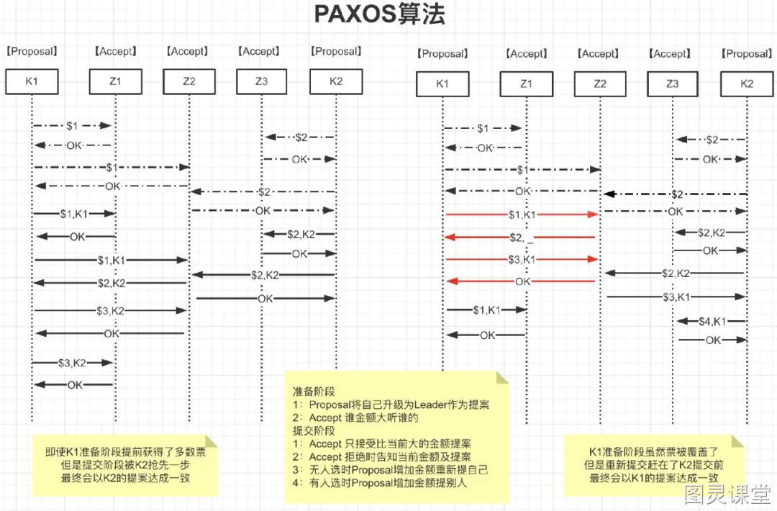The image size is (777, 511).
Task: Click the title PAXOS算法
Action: coord(380,14)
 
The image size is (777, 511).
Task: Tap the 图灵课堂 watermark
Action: coord(727,494)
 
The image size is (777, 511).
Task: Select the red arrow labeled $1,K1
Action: coord(522,214)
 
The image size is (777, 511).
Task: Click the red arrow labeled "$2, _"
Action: coord(520,238)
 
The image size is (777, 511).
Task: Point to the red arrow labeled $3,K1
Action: coord(522,259)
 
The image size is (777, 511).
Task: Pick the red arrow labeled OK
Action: coord(521,281)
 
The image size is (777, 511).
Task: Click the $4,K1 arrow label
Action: coord(712,322)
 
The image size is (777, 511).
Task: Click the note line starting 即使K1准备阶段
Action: coord(125,452)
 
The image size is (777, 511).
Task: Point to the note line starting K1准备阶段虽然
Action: coord(653,452)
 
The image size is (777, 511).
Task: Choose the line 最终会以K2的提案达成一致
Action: coord(125,479)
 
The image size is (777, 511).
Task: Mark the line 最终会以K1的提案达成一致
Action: coord(653,479)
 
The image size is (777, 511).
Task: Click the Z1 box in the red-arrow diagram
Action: coord(526,83)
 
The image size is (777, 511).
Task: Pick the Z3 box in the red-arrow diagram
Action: coord(673,83)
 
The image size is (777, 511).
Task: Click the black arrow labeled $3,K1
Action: coord(676,297)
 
